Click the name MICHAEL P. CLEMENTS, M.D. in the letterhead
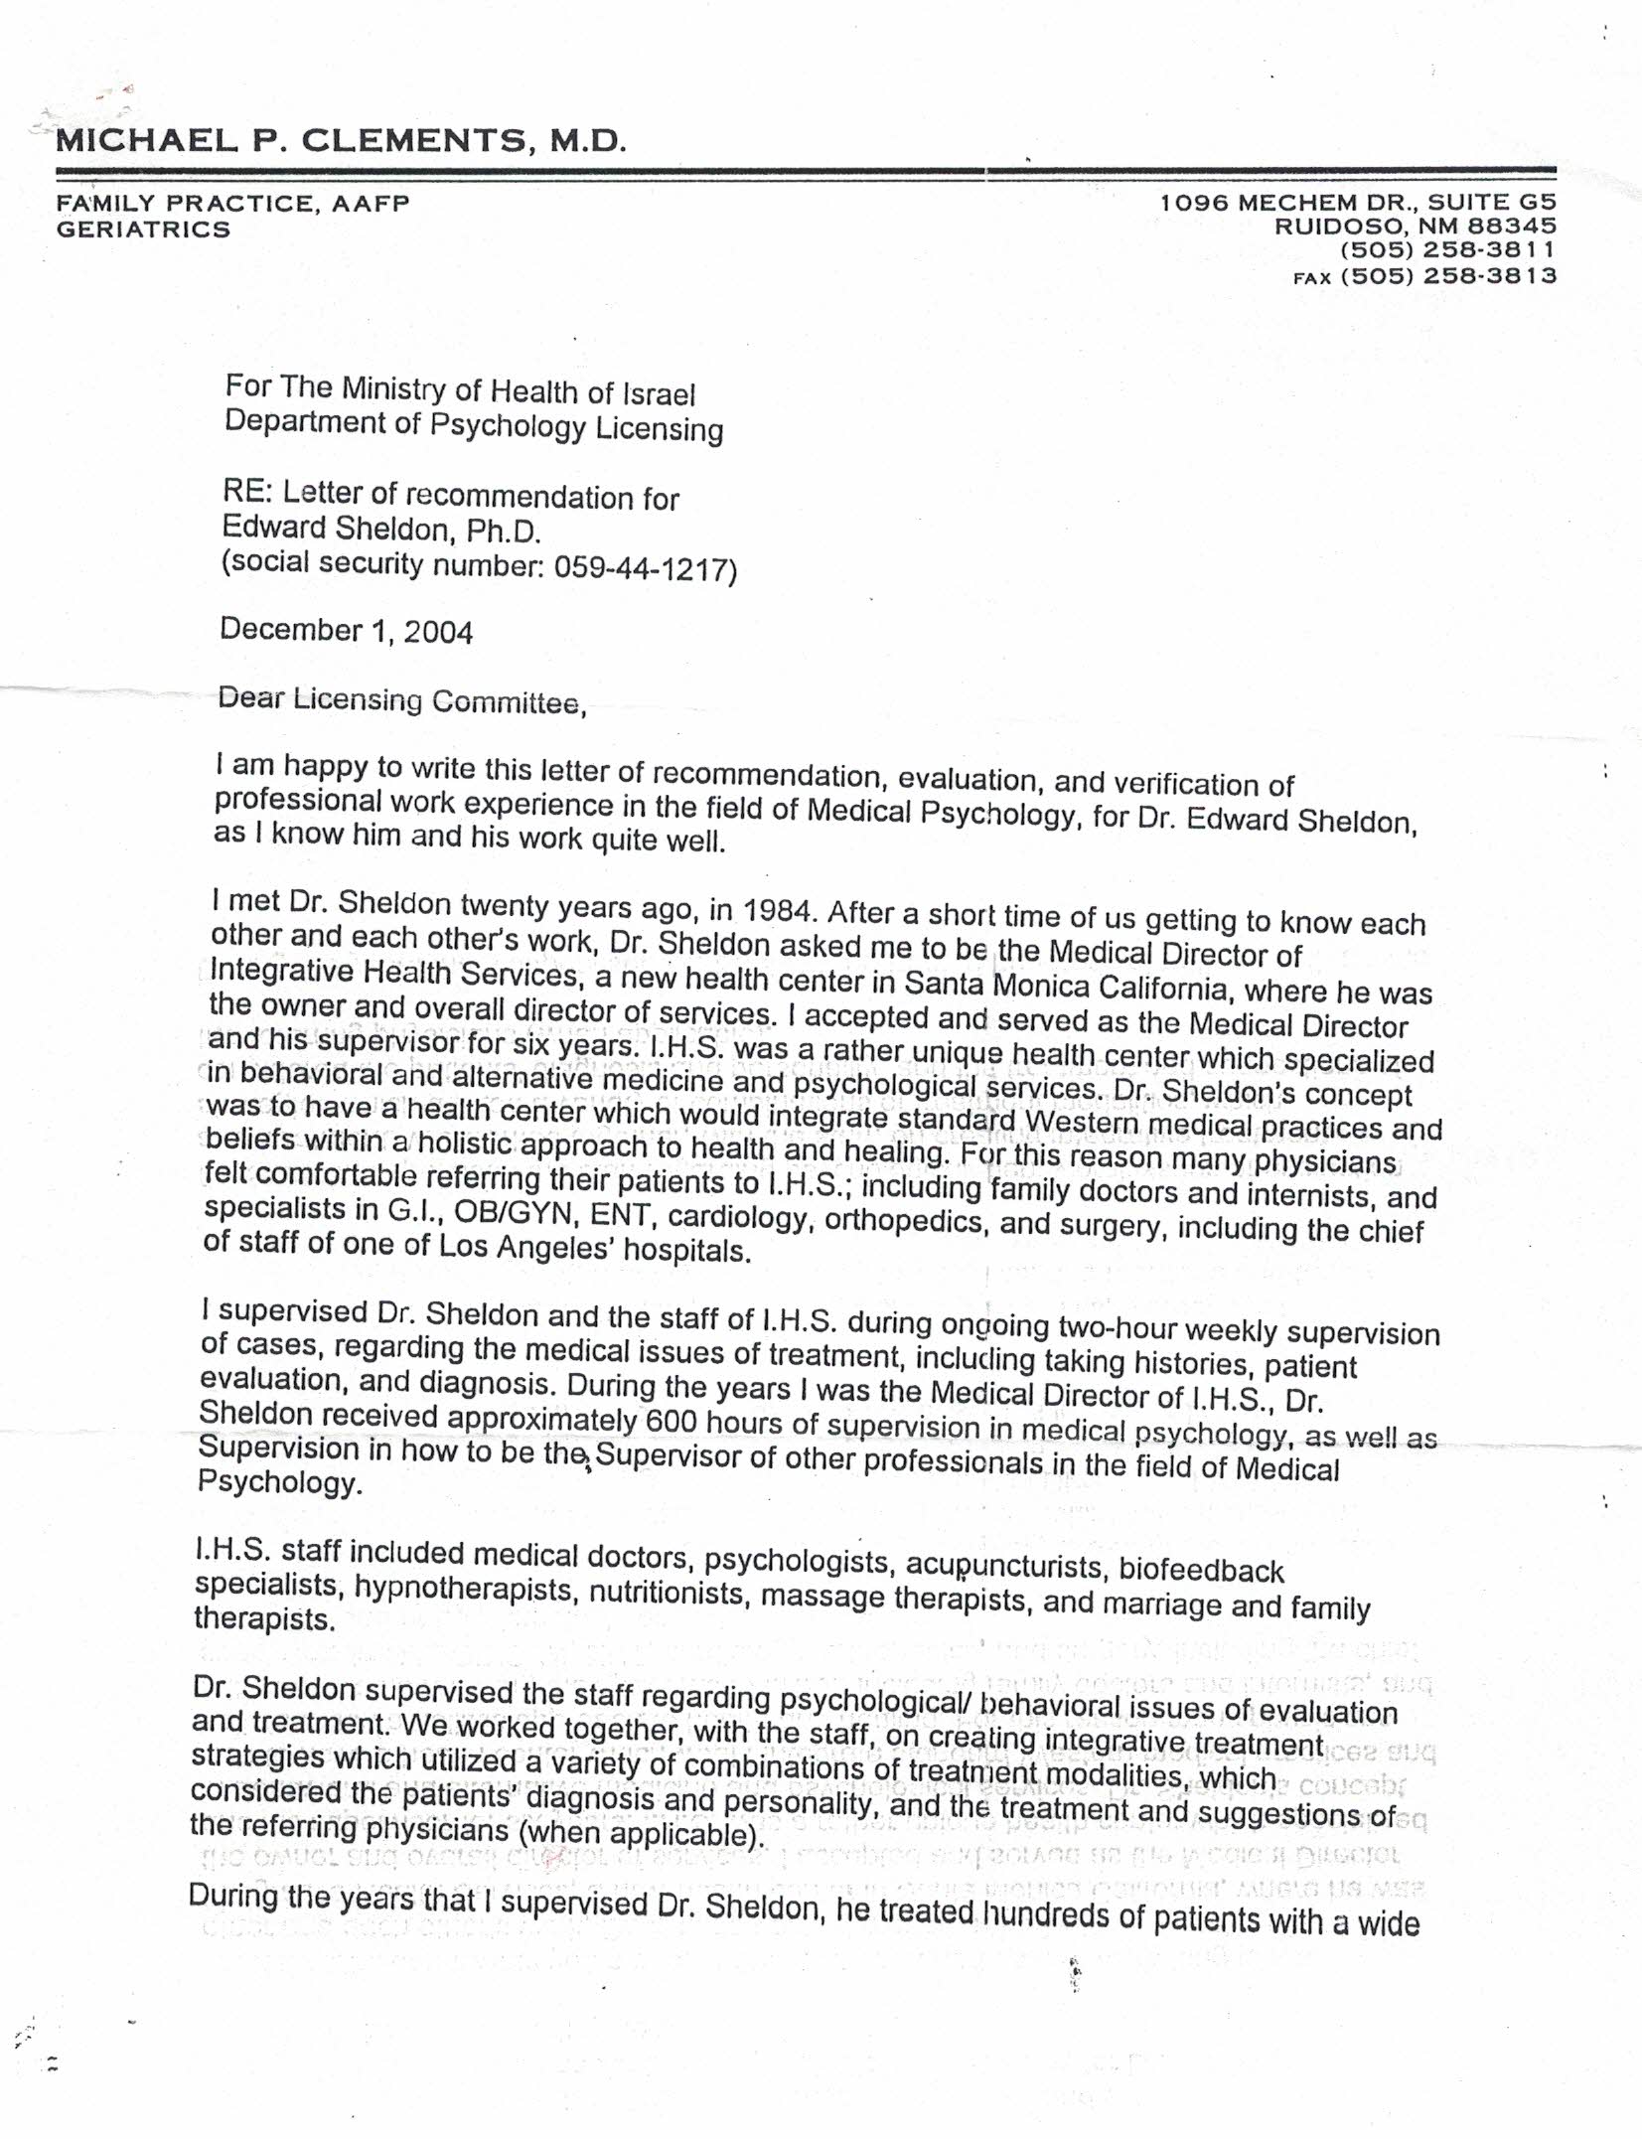tap(341, 140)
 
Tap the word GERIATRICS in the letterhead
tap(144, 229)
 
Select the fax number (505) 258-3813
tap(1448, 276)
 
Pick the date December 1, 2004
tap(347, 631)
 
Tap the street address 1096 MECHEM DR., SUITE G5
tap(1358, 203)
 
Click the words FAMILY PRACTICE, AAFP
tap(232, 204)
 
